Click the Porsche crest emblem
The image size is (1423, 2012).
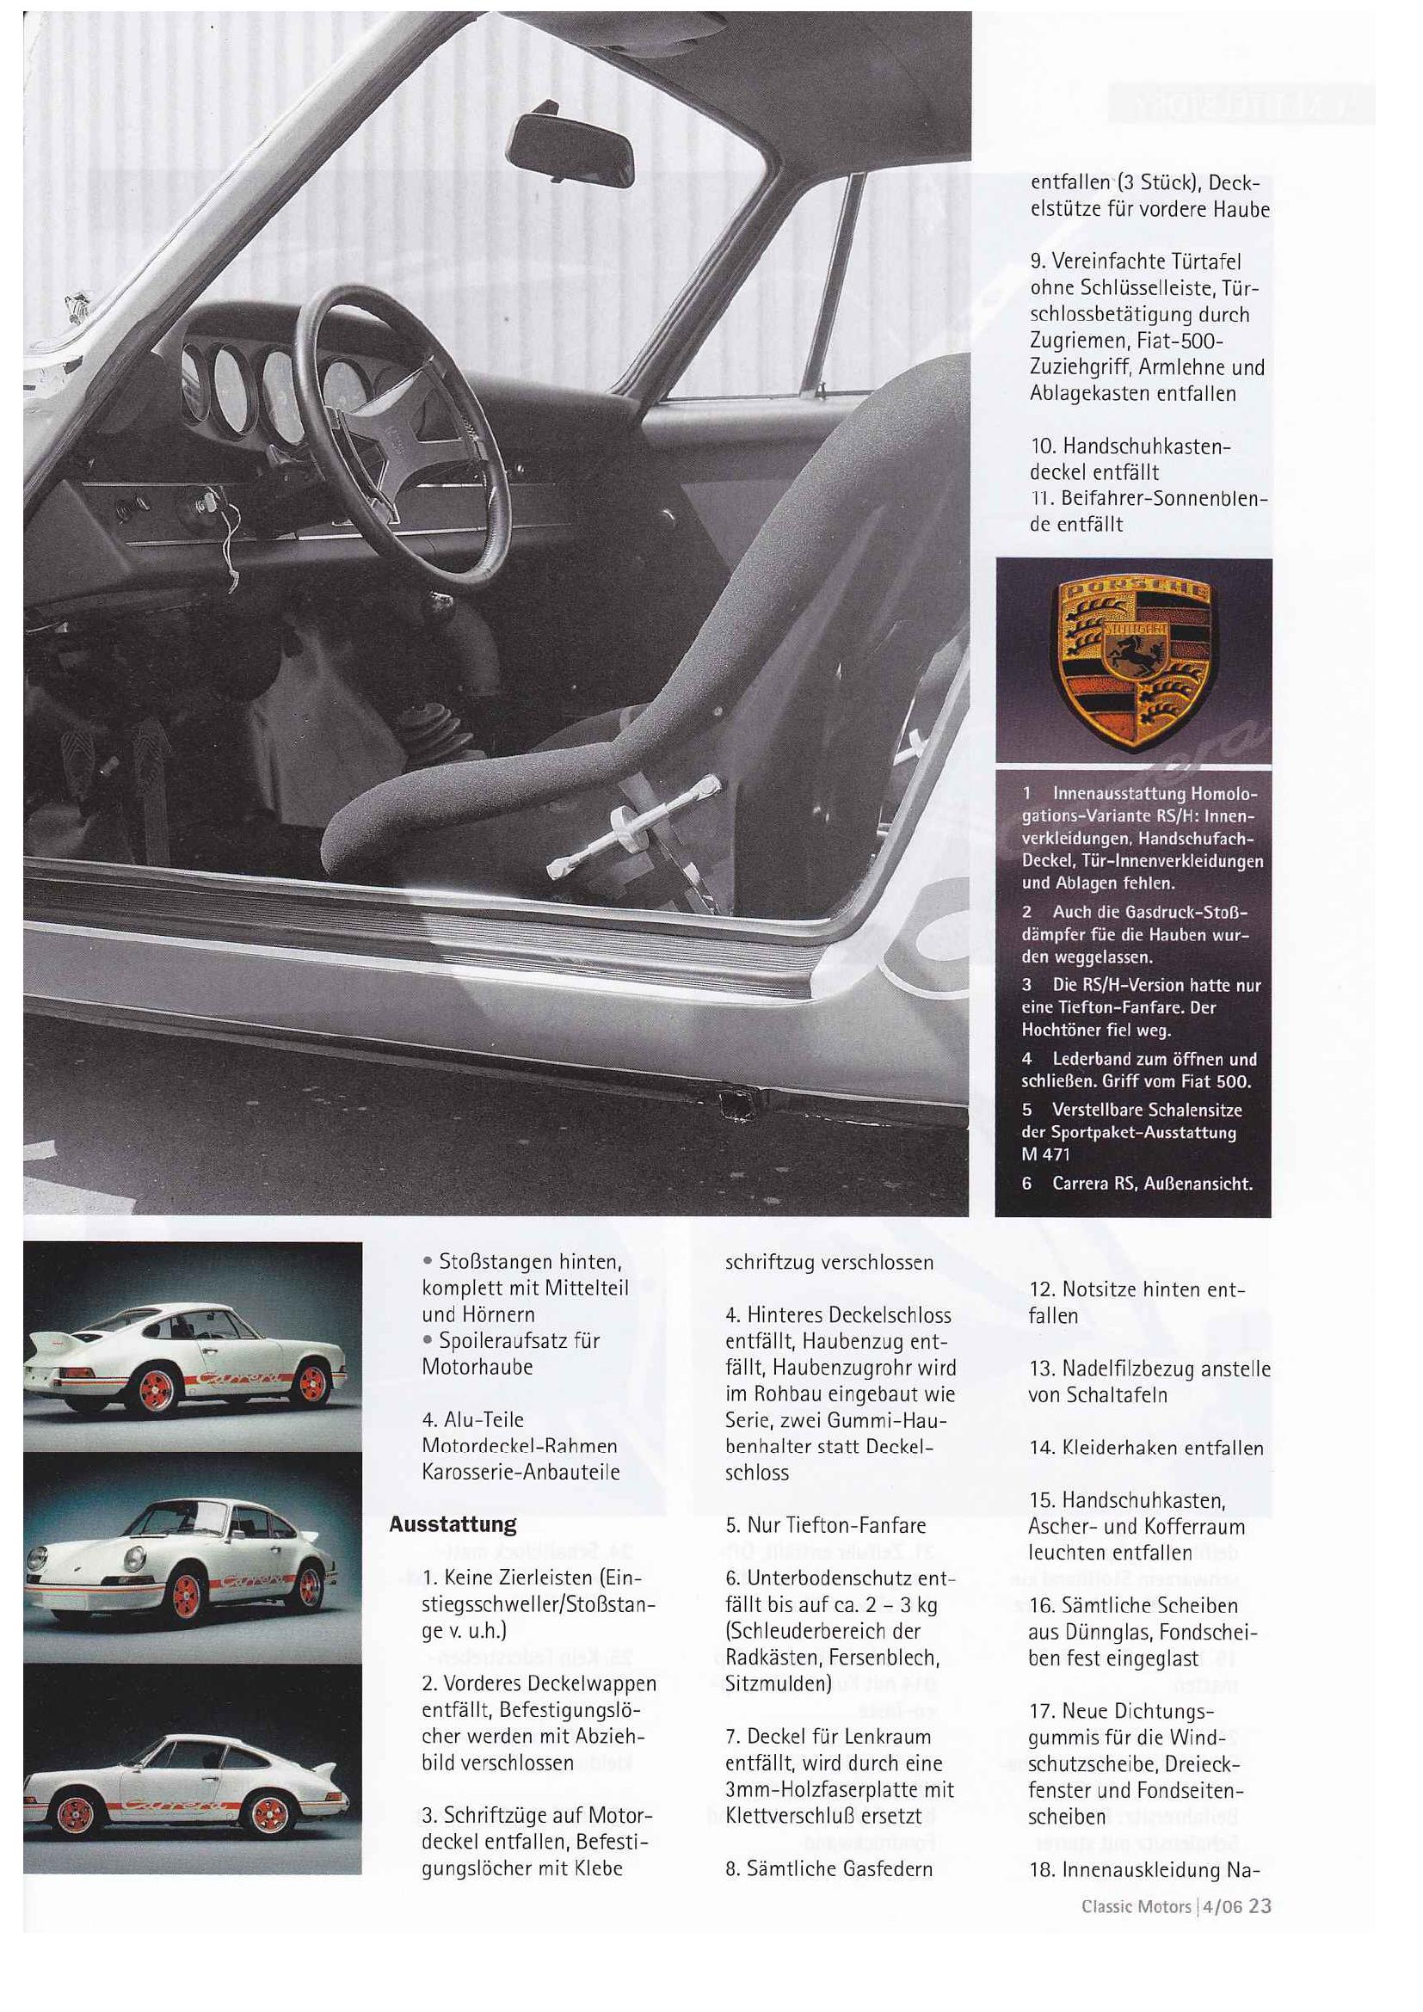click(1134, 662)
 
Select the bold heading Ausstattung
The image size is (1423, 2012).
click(453, 1524)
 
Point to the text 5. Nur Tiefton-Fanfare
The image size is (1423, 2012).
click(825, 1526)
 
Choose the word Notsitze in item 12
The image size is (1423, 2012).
click(1103, 1289)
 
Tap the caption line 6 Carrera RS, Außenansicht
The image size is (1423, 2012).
click(1137, 1184)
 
